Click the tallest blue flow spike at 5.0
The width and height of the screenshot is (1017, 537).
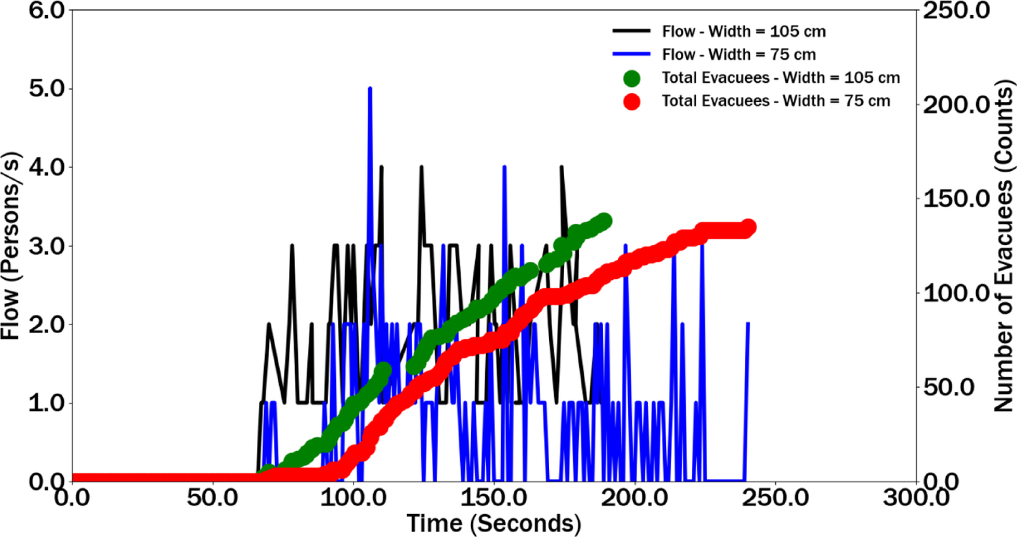click(x=370, y=89)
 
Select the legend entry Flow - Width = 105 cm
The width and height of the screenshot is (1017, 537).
click(x=744, y=32)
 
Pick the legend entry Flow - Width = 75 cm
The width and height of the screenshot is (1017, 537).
click(x=739, y=55)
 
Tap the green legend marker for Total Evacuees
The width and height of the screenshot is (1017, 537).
click(x=632, y=78)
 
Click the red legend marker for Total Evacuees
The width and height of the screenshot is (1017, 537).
click(x=632, y=101)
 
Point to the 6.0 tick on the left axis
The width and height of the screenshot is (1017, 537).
click(x=47, y=10)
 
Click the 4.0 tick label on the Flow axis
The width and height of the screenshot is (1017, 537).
click(x=47, y=167)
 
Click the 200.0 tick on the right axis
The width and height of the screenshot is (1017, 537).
click(x=957, y=105)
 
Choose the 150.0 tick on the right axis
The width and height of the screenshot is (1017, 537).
click(x=957, y=199)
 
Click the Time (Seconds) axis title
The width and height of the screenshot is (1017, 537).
click(x=494, y=523)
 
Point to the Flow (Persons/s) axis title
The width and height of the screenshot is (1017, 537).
click(x=11, y=246)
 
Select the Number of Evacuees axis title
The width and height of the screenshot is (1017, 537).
click(x=1005, y=246)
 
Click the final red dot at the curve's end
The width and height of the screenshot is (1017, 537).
click(x=749, y=227)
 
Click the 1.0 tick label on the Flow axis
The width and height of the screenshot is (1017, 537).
click(x=47, y=403)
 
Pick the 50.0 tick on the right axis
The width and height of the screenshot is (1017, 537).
click(x=949, y=387)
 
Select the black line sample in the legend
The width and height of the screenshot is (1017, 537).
click(x=632, y=31)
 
